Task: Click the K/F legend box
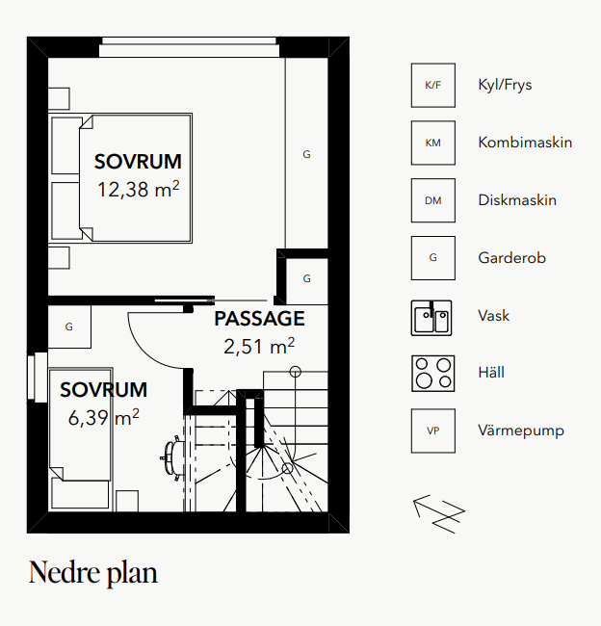432,86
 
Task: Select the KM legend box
432,143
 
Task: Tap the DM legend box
432,200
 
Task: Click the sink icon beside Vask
432,316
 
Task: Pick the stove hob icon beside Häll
432,373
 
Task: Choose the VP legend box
432,430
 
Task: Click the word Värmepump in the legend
521,430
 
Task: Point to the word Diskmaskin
517,200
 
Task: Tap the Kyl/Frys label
505,86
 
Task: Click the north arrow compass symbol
439,510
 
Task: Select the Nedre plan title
93,573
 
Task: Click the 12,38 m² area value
138,190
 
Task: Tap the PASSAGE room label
259,319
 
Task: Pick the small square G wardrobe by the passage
306,278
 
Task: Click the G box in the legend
432,258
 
